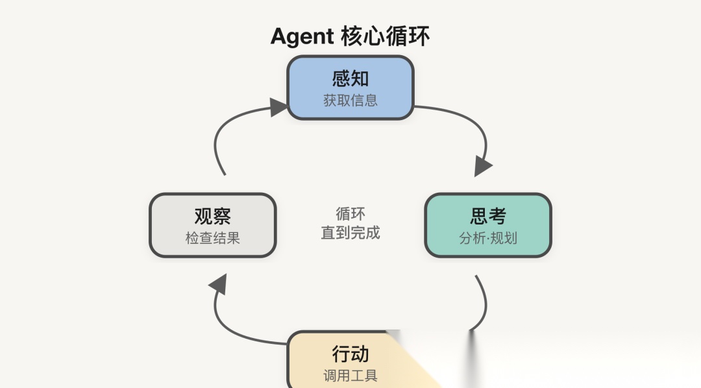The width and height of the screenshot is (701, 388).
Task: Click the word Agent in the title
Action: (302, 37)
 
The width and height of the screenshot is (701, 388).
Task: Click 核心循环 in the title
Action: (385, 36)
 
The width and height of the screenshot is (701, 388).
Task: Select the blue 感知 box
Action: (350, 88)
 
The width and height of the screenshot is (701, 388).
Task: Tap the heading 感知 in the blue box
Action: (350, 79)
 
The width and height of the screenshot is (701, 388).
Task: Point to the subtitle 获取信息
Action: (350, 101)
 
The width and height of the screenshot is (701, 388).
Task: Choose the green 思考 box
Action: (488, 225)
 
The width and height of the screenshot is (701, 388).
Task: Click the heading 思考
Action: (488, 215)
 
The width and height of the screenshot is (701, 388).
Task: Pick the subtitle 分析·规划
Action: (488, 237)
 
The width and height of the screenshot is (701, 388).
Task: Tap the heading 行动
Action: (350, 354)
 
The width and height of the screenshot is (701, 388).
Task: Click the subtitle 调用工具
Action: (350, 376)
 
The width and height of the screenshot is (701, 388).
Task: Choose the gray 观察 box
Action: (213, 225)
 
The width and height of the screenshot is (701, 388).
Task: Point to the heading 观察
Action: (213, 215)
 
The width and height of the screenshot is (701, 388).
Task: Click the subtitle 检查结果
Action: (213, 237)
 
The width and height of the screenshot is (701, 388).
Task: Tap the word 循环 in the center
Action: (350, 213)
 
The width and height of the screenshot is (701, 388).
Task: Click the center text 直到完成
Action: (350, 232)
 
